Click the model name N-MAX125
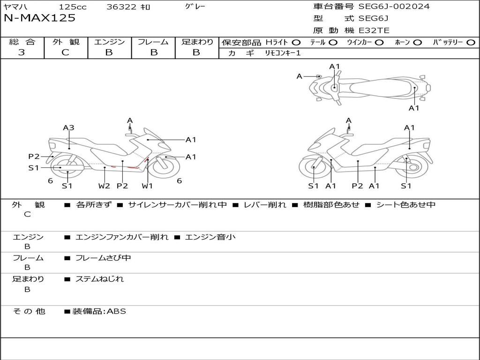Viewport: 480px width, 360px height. [39, 18]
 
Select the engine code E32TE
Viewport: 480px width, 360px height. [374, 30]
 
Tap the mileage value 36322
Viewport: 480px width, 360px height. [121, 7]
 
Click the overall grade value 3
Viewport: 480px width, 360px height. [22, 52]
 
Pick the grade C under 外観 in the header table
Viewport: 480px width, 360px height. [65, 52]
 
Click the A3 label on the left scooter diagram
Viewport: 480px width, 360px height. [68, 127]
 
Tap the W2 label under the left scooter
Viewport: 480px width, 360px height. [104, 186]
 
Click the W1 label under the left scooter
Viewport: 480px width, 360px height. [147, 186]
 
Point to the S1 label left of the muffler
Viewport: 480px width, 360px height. [33, 168]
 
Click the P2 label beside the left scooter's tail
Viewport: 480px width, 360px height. [34, 157]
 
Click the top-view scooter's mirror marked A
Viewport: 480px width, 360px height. [319, 76]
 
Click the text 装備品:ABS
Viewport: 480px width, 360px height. [99, 311]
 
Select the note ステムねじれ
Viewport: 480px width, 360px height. [100, 279]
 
